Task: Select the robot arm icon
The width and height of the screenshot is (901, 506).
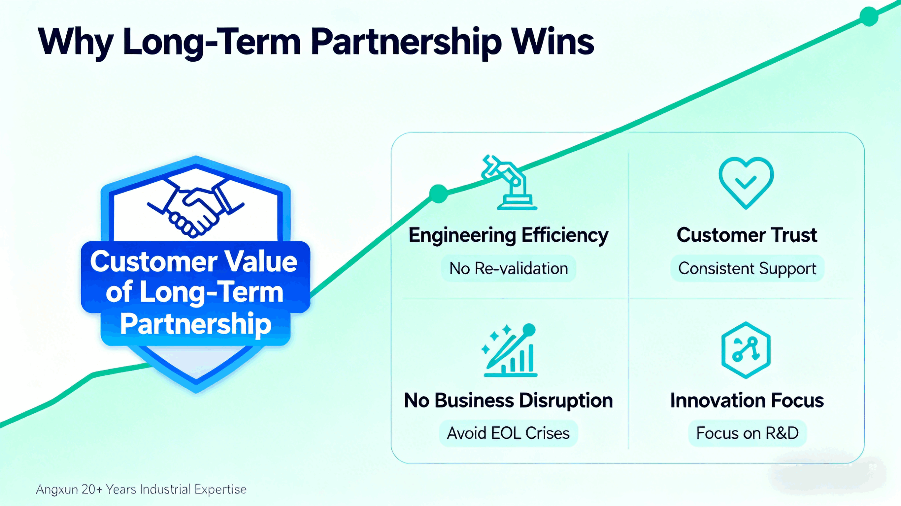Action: (509, 182)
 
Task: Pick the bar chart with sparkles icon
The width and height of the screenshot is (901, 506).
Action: (509, 350)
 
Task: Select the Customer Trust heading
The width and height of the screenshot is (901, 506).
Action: (747, 235)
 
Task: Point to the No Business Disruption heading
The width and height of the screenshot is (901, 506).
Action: (508, 401)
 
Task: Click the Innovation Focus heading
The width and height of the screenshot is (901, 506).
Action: (747, 401)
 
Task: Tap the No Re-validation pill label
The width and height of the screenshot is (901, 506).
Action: (509, 268)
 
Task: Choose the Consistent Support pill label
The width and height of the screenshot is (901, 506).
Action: (747, 268)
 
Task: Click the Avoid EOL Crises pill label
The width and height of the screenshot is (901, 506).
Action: (508, 433)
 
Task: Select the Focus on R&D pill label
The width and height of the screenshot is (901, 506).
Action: (748, 433)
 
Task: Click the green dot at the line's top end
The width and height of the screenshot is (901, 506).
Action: (869, 16)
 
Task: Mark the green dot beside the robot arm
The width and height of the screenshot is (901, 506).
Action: (438, 193)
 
